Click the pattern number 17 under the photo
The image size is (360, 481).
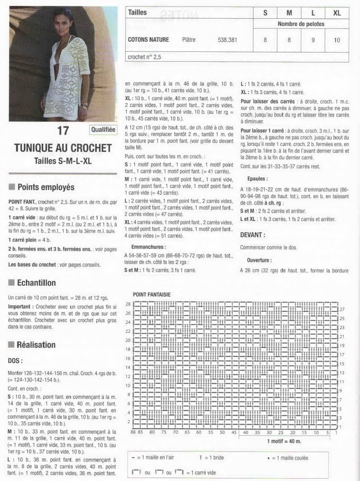click(x=63, y=131)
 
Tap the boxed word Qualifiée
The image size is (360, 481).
click(x=103, y=130)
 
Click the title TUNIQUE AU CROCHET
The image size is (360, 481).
click(x=63, y=148)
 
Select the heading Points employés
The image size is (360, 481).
click(x=46, y=187)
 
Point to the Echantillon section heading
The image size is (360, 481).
click(x=36, y=283)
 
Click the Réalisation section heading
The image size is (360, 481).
click(x=36, y=345)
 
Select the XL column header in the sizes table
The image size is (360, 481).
click(x=337, y=13)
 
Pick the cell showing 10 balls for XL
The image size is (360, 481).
click(x=337, y=40)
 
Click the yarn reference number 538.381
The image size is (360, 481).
click(x=227, y=39)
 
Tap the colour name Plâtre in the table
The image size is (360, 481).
click(x=189, y=39)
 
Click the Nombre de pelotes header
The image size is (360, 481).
click(x=301, y=24)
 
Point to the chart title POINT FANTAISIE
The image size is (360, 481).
click(x=152, y=295)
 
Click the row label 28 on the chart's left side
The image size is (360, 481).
click(x=128, y=304)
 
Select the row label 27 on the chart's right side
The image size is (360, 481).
click(x=342, y=309)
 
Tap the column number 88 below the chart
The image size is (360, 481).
click(x=133, y=432)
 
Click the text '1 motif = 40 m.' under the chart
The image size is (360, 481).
click(x=284, y=441)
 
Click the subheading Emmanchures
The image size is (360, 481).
click(x=148, y=247)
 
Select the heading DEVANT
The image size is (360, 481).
click(x=253, y=235)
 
